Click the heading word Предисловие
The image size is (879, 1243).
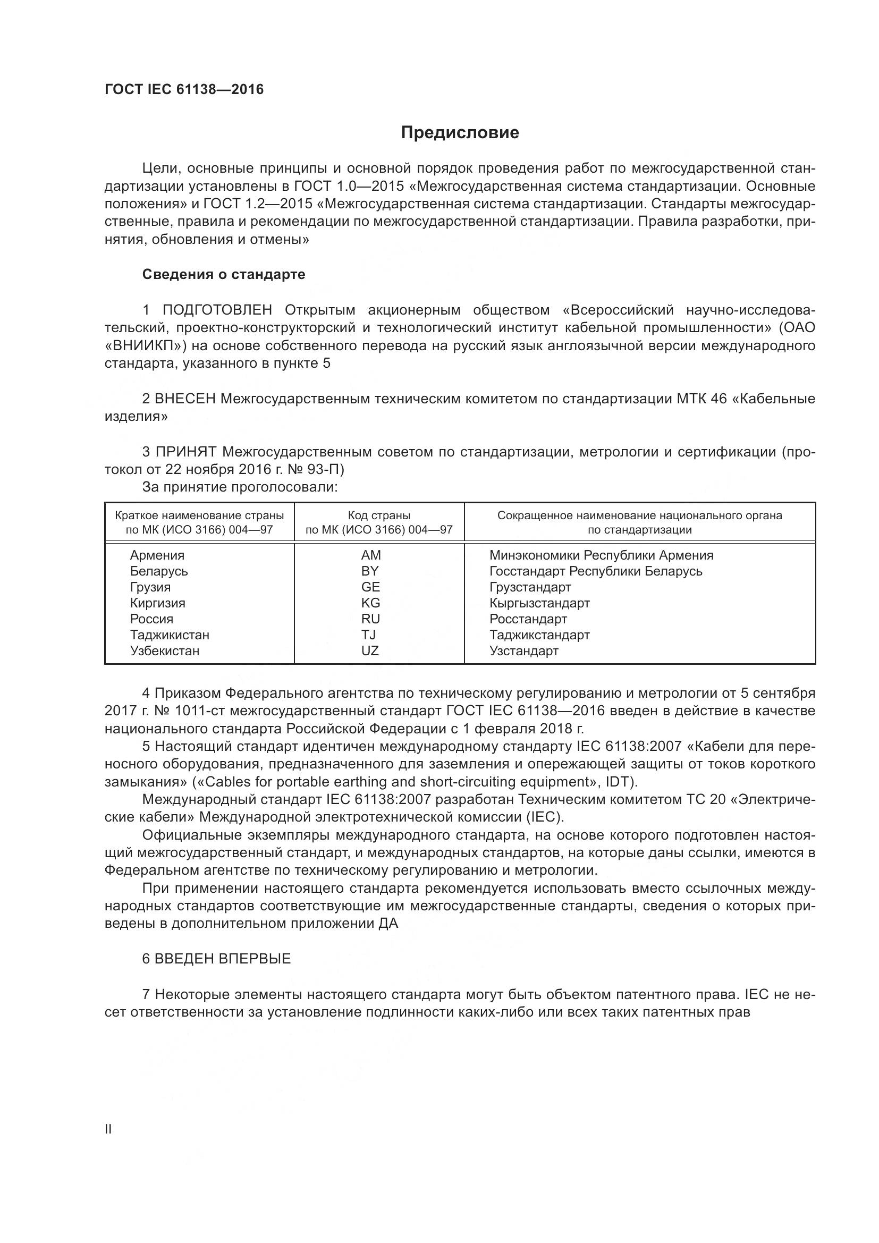coord(460,133)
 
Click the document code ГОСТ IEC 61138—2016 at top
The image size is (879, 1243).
coord(184,89)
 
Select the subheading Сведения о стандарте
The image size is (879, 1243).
coord(224,274)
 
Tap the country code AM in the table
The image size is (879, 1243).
coord(371,555)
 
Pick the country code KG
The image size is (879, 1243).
coord(371,603)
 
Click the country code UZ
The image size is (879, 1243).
coord(370,651)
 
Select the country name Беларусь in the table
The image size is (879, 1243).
coord(158,571)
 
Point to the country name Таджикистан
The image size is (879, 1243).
coord(170,635)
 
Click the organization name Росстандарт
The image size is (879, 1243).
coord(528,619)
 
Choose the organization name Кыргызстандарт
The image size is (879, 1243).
coord(539,603)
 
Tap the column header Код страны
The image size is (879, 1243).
coord(379,515)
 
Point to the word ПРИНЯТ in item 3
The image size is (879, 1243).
coord(185,452)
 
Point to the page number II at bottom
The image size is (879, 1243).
coord(108,1129)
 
